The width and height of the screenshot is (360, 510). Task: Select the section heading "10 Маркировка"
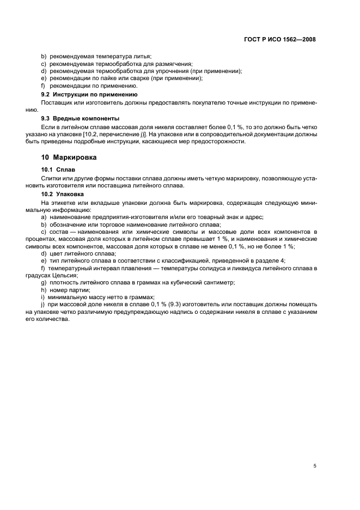click(69, 157)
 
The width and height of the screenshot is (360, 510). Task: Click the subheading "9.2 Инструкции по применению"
click(82, 95)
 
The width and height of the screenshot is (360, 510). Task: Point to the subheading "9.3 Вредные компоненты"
click(73, 118)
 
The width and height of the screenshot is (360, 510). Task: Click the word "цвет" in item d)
click(55, 253)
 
